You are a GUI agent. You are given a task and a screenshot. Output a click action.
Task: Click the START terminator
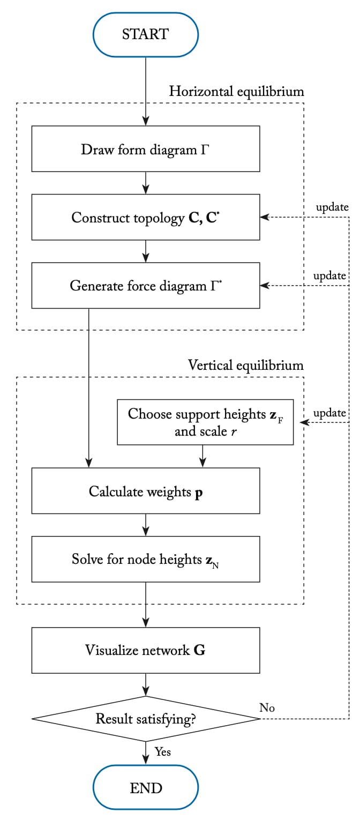[145, 34]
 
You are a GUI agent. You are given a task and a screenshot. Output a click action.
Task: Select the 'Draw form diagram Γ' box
[145, 149]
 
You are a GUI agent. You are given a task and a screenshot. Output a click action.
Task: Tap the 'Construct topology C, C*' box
[145, 217]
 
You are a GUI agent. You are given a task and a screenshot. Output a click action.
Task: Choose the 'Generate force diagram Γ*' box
[145, 285]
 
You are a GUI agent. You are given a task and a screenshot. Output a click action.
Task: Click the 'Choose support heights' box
[205, 422]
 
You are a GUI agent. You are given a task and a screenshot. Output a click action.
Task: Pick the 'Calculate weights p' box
[145, 491]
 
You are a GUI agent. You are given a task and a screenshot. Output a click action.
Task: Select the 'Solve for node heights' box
[145, 559]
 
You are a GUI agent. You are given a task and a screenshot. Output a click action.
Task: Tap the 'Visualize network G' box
[145, 650]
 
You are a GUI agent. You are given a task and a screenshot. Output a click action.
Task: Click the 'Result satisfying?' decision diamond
[145, 719]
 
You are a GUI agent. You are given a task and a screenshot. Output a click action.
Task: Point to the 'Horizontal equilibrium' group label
[236, 92]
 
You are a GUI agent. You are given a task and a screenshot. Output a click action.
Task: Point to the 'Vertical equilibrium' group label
[245, 366]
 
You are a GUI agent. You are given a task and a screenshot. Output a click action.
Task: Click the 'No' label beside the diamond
[267, 707]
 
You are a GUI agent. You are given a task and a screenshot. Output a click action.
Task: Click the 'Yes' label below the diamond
[163, 752]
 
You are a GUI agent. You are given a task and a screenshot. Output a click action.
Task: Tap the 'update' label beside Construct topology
[332, 207]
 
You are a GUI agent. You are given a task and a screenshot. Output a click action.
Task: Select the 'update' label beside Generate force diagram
[329, 275]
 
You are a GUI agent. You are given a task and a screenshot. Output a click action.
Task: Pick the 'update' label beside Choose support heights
[329, 413]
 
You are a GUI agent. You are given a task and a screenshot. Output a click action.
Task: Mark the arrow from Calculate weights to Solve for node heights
[145, 525]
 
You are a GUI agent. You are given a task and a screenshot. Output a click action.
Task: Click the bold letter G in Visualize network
[199, 651]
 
